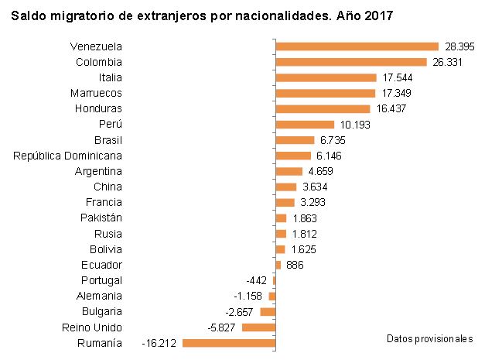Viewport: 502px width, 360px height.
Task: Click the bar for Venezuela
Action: pos(357,46)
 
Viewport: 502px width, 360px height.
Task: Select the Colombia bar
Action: pos(351,62)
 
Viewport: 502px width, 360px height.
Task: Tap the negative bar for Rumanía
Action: pos(229,343)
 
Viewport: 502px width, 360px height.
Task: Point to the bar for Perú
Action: pos(305,125)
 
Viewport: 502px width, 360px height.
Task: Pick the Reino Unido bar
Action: pos(258,327)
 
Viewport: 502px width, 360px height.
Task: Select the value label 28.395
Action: pos(459,46)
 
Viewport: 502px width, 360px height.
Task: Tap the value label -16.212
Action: pos(160,343)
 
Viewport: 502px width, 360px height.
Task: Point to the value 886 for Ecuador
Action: pos(295,265)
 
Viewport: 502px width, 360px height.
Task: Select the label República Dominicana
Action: pos(68,156)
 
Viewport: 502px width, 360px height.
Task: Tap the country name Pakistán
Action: pos(101,218)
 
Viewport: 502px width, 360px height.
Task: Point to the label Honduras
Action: pos(98,108)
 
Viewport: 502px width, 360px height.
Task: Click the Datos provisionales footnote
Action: pos(429,339)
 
